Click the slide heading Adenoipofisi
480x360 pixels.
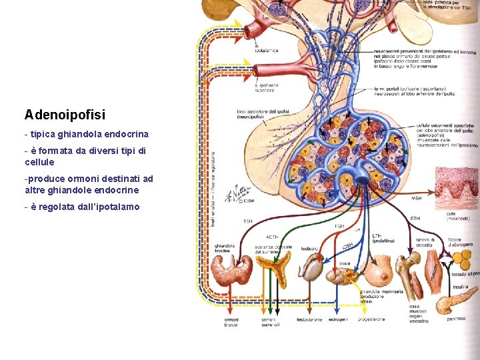[65, 115]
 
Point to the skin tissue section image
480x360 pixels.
[457, 190]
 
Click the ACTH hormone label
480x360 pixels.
[272, 237]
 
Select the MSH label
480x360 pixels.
[416, 198]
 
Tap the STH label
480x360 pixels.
[415, 217]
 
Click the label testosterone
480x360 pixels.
[309, 319]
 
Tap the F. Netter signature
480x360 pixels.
[237, 193]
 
